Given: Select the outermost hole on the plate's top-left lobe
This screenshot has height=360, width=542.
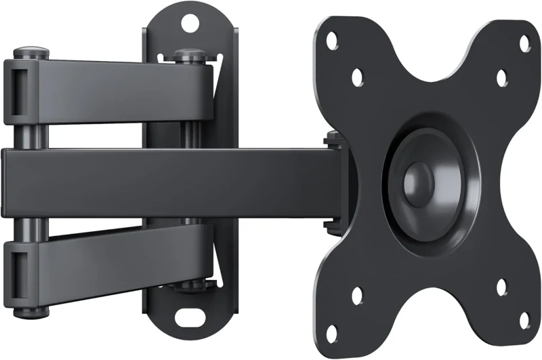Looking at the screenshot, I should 331,40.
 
